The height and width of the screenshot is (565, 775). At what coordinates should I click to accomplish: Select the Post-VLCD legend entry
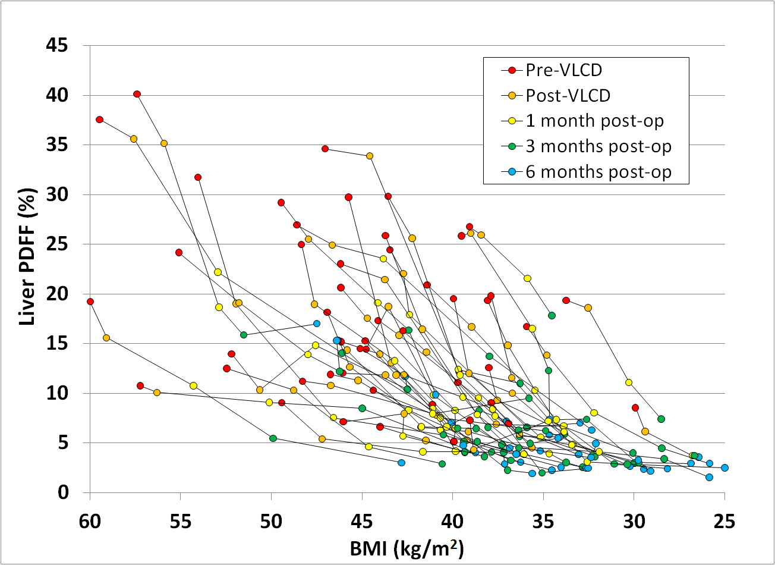tap(567, 95)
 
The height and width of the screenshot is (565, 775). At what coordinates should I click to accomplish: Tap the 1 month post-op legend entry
tap(594, 121)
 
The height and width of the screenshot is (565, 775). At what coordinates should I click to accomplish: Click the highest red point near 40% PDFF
tap(137, 94)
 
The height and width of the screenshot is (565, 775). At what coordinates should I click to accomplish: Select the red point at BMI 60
tap(90, 302)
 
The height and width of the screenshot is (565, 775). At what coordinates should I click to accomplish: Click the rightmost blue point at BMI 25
tap(724, 468)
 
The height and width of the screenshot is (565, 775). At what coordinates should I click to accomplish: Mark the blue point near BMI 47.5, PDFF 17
tap(317, 324)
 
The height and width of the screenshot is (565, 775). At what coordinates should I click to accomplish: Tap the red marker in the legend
tap(512, 70)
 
